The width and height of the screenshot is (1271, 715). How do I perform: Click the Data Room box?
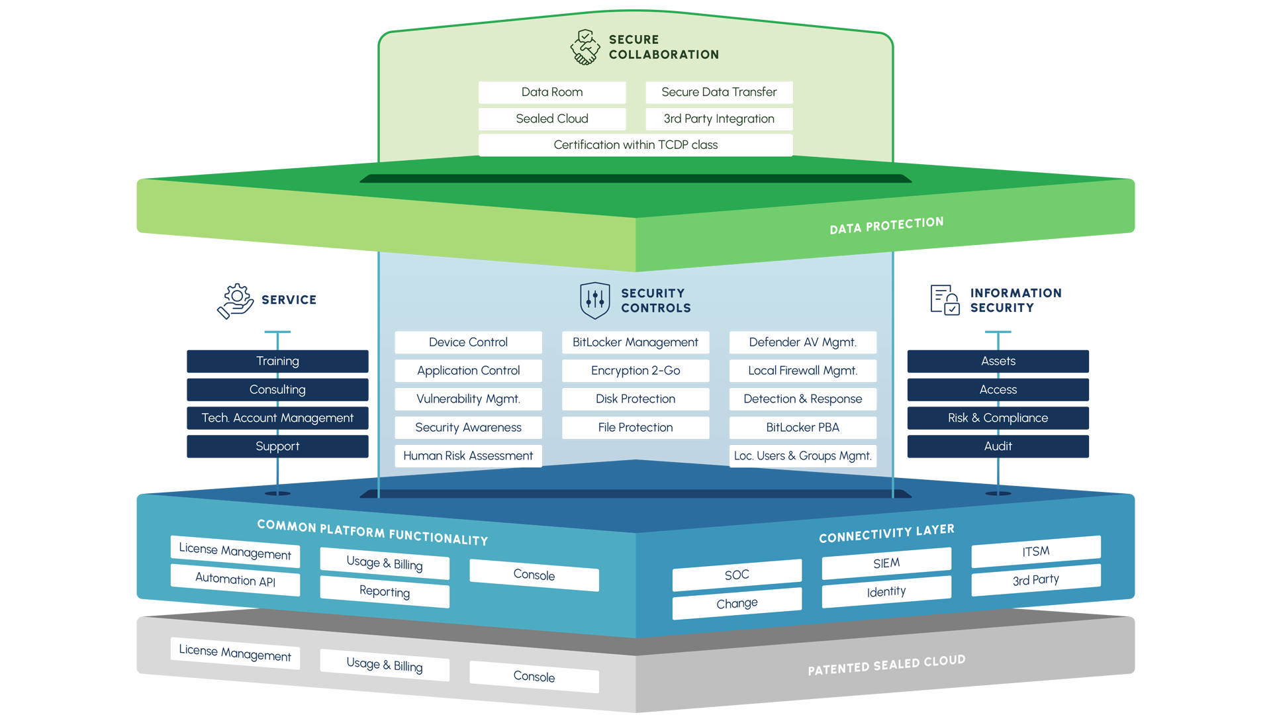[551, 92]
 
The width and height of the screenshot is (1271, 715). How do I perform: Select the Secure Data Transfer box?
[718, 92]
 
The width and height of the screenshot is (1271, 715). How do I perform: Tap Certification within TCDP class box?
[635, 144]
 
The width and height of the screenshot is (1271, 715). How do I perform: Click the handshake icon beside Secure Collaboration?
[585, 47]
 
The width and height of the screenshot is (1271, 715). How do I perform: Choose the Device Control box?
[468, 342]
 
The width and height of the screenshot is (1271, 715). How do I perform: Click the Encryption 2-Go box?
[635, 371]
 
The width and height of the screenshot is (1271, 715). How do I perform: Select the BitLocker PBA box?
[802, 428]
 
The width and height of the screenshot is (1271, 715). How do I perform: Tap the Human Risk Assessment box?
[468, 456]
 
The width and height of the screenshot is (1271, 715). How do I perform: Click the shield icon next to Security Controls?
[594, 301]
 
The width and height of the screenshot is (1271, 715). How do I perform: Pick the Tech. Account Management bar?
[277, 418]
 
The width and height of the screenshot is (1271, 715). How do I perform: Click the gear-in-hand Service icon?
[236, 301]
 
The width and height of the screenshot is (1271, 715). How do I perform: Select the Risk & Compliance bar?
[998, 418]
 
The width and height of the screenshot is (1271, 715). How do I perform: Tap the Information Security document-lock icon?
[945, 300]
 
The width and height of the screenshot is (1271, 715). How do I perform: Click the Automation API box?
[235, 579]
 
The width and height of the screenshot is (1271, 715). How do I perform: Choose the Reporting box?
[385, 591]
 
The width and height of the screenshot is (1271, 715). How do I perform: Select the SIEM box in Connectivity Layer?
[886, 563]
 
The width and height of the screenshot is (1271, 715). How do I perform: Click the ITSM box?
[1035, 551]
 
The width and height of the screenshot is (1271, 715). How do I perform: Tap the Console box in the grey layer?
[534, 677]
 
